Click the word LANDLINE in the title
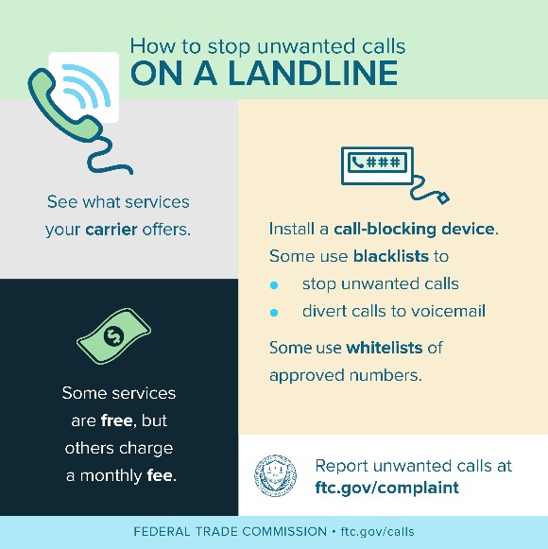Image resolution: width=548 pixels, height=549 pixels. coord(313,73)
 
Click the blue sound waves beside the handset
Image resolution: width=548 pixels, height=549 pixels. coord(87,85)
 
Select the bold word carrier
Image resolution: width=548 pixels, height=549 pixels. coord(111,230)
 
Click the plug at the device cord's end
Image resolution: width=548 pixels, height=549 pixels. coord(444,198)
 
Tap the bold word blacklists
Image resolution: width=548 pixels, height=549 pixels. coord(391,256)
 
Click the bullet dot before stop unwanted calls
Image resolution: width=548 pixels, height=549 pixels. coord(274,285)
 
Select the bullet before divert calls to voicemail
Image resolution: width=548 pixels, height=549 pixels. coord(274,313)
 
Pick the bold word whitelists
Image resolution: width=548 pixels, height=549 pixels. coord(385,348)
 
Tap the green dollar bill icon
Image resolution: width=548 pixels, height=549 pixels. coord(113,336)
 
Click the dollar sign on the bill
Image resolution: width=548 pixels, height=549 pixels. coord(113,336)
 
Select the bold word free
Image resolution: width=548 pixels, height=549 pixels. coord(116,420)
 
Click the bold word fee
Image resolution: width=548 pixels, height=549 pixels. coord(160,475)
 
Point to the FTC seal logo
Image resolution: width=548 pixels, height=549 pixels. coord(275,476)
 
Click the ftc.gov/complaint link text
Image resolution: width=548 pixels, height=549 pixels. coord(387,488)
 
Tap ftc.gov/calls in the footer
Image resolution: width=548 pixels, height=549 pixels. coord(378,531)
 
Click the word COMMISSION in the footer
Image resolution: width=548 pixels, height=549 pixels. coord(284,531)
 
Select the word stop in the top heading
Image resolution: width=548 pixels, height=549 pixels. coord(229,47)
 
